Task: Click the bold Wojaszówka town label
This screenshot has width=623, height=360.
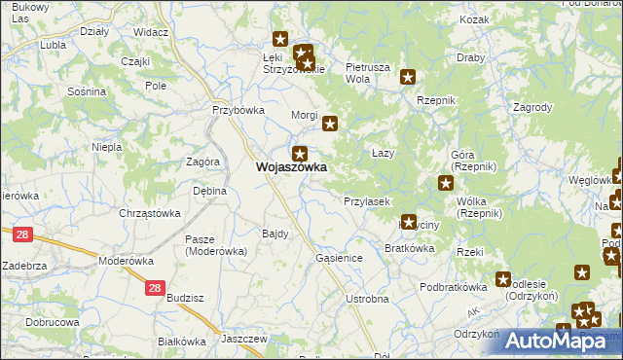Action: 290,167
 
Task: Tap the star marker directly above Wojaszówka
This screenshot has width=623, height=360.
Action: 300,153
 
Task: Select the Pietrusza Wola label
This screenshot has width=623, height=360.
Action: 368,73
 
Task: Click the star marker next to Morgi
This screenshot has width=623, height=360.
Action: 330,124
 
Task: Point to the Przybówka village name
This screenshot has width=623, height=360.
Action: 239,110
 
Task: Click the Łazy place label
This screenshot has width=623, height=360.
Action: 383,154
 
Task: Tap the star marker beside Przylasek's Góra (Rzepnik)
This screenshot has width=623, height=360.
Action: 445,182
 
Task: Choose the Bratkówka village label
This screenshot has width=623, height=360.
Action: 409,248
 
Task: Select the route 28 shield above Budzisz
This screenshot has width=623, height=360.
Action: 154,287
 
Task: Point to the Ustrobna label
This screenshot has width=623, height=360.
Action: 367,299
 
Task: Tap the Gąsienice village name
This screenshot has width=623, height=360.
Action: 340,258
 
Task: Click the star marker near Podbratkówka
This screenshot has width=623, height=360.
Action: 503,279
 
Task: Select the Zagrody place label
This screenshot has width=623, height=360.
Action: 531,108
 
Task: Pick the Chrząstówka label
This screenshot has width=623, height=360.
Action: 150,213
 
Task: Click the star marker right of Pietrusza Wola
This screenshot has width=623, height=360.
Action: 408,77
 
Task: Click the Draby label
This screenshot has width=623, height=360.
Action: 470,57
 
